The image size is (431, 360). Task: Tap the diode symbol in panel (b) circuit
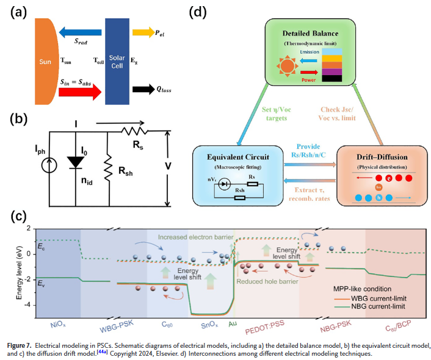coord(75,161)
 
